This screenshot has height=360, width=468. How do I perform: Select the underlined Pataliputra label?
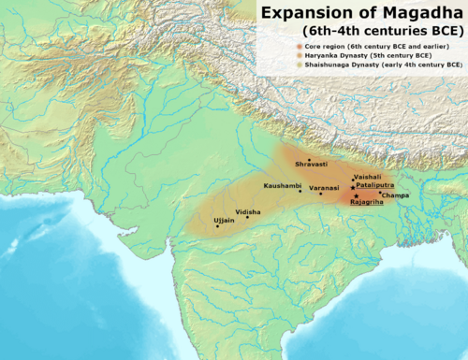pyautogui.click(x=374, y=186)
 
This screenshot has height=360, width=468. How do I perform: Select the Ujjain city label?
pyautogui.click(x=224, y=220)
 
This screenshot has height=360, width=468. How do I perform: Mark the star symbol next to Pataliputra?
pyautogui.click(x=352, y=188)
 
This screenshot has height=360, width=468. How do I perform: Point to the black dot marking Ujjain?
pyautogui.click(x=217, y=225)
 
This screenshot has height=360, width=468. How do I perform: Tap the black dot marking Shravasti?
pyautogui.click(x=309, y=161)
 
